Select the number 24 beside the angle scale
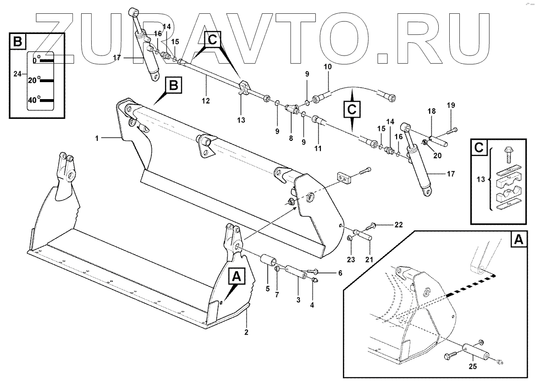[18, 73]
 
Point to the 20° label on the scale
[34, 80]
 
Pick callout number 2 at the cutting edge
[246, 332]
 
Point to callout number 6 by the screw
[340, 273]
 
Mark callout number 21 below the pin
[369, 260]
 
